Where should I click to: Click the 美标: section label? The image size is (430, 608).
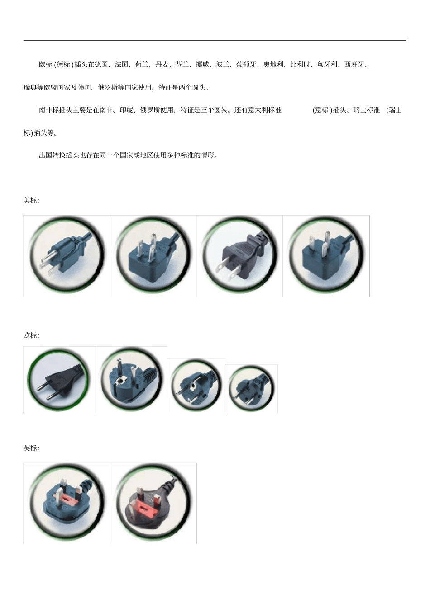tap(31, 200)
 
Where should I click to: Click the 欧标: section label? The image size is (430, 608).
tap(31, 335)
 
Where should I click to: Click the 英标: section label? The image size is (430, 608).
tap(31, 448)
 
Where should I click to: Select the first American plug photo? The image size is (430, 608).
tap(67, 256)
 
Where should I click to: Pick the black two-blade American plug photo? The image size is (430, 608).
tap(239, 256)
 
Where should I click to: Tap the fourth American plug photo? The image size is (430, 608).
tap(326, 256)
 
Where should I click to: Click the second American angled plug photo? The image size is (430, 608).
tap(153, 256)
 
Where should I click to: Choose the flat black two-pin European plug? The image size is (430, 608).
tap(59, 380)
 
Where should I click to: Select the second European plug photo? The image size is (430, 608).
tap(131, 380)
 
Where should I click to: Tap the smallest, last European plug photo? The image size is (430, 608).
tap(251, 389)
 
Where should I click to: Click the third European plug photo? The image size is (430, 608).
tap(196, 386)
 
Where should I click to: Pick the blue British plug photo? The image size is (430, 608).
tap(67, 503)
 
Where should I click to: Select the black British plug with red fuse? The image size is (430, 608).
tap(153, 503)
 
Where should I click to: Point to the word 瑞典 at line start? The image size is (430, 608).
tap(30, 87)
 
